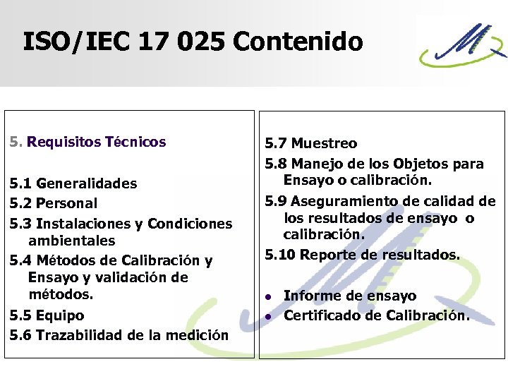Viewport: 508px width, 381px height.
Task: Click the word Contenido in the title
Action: [x=297, y=42]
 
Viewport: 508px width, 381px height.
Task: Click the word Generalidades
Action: [x=87, y=183]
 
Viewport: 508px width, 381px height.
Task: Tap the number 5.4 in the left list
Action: [x=20, y=260]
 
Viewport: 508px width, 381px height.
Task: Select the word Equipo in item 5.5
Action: [x=60, y=315]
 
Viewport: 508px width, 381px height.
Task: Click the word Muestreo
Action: [x=325, y=144]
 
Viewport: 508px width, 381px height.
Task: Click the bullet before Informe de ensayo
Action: [x=268, y=296]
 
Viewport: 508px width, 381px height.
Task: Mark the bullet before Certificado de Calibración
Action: [x=268, y=316]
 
